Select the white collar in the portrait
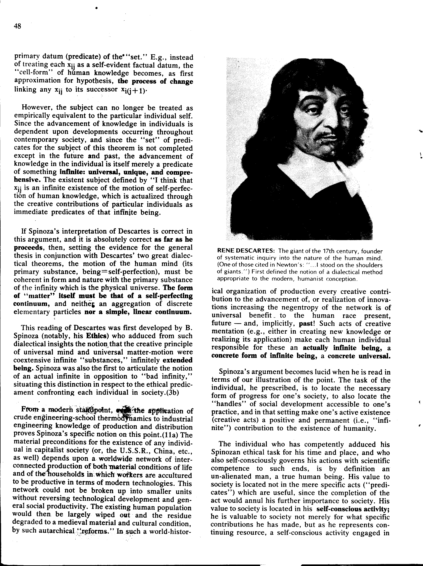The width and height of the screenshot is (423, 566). (x=313, y=179)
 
